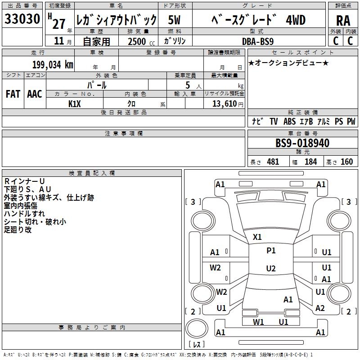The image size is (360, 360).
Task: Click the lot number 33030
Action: (22, 19)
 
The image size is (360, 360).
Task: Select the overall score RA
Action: (342, 20)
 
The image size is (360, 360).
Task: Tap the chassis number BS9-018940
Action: (302, 144)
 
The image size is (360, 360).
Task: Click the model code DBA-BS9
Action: (258, 41)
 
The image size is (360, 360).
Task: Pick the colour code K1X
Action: (75, 103)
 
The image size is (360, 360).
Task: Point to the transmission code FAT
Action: (13, 94)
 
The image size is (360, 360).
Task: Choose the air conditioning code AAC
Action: (35, 94)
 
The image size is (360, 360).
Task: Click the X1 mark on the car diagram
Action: (257, 237)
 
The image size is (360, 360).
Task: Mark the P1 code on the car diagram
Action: (271, 251)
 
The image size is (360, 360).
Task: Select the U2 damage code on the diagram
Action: (270, 269)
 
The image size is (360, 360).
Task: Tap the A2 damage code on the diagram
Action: (320, 308)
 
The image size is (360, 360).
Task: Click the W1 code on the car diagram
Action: (258, 322)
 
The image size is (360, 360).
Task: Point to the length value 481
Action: (273, 162)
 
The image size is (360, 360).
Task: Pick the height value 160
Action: (346, 162)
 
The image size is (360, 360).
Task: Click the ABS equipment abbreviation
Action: (289, 121)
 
